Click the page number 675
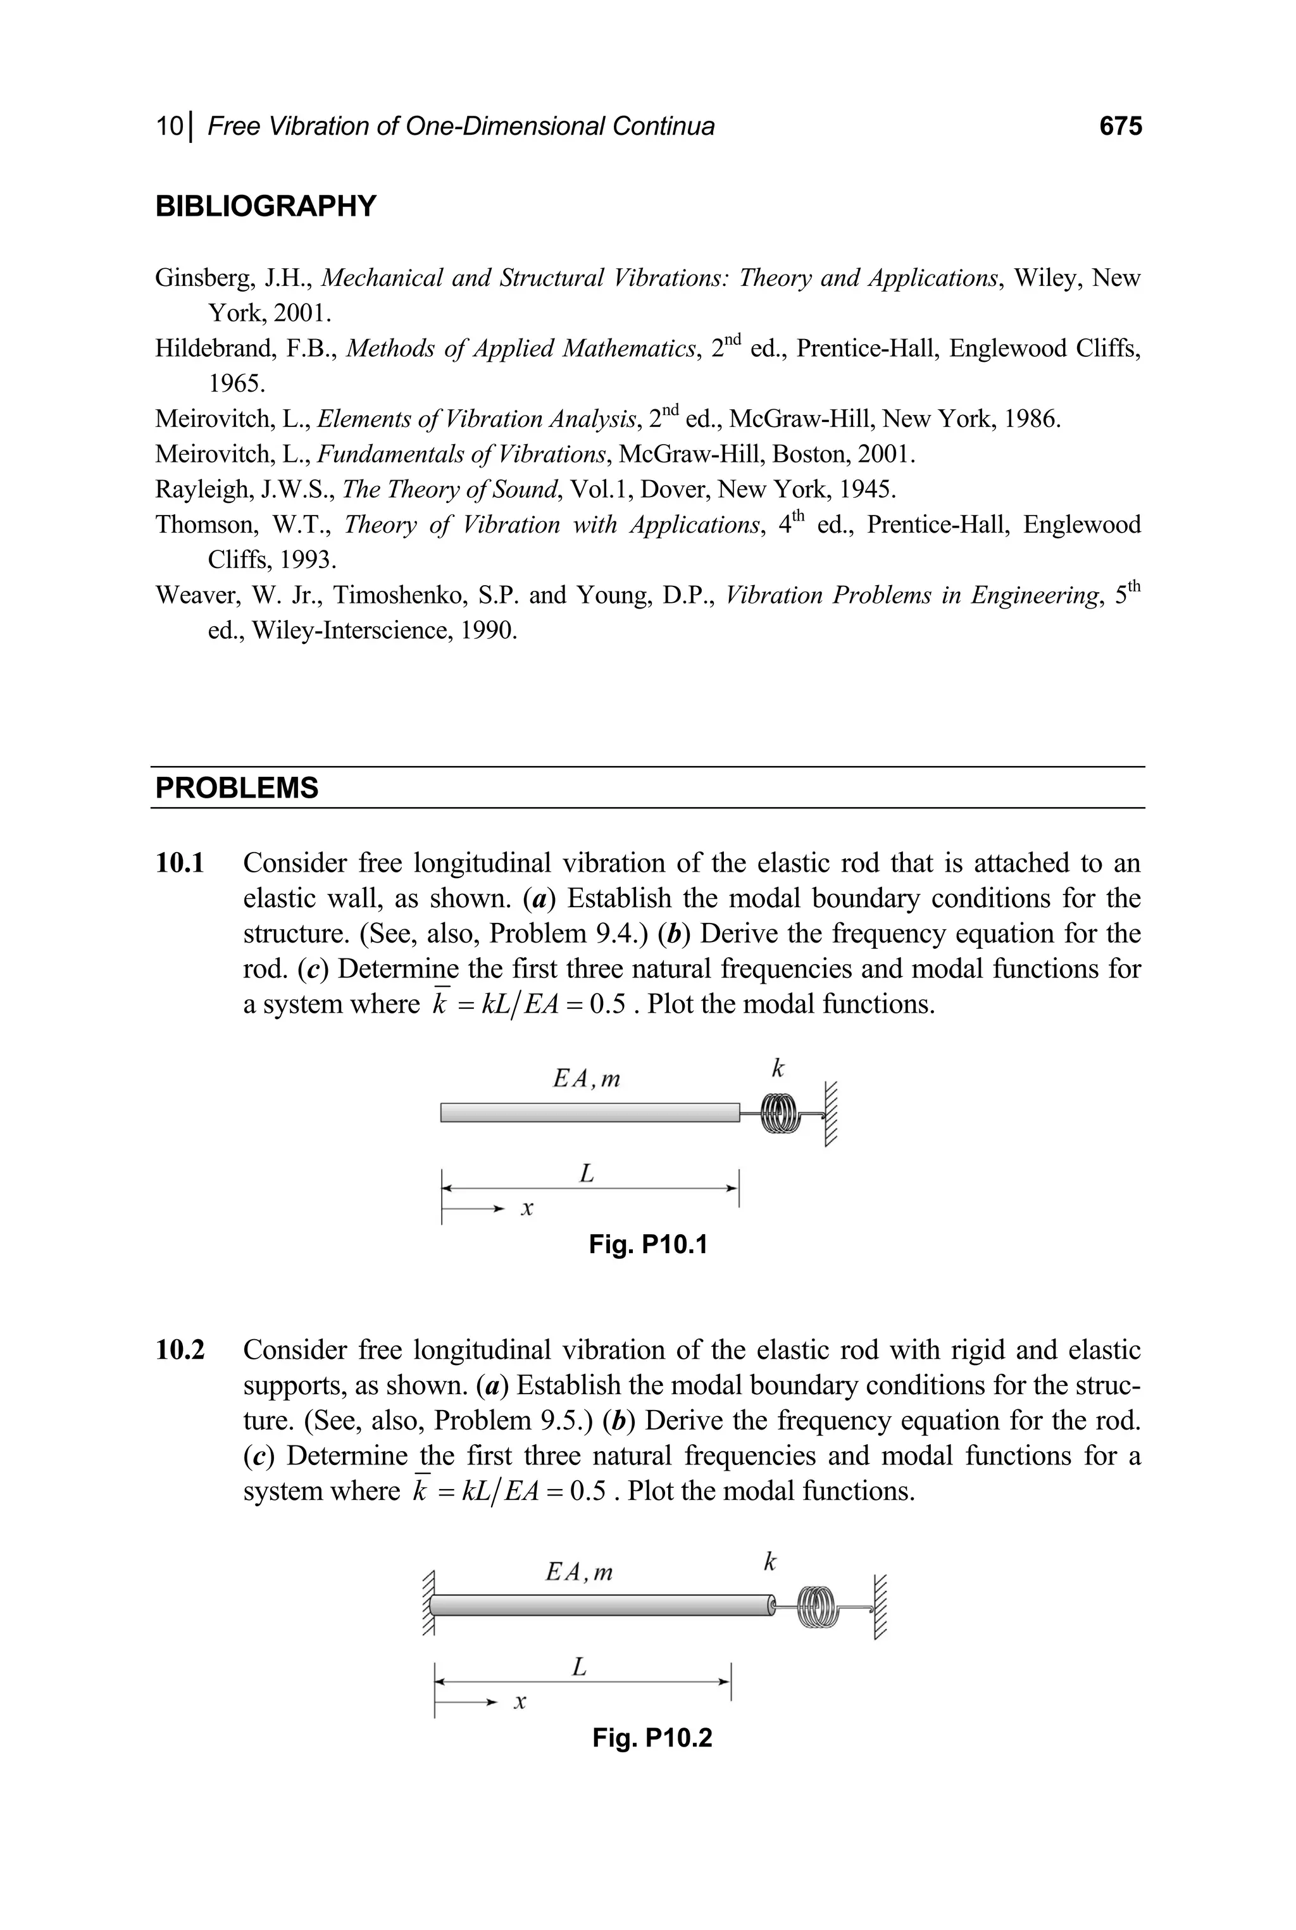tap(1120, 127)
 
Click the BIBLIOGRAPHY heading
tap(265, 206)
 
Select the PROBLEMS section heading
tap(237, 788)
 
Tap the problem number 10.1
tap(180, 863)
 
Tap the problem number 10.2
tap(180, 1350)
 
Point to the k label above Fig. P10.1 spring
tap(777, 1069)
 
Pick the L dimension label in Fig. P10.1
tap(587, 1173)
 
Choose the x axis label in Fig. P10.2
tap(520, 1702)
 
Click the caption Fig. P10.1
tap(648, 1244)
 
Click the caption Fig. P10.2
tap(651, 1738)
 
